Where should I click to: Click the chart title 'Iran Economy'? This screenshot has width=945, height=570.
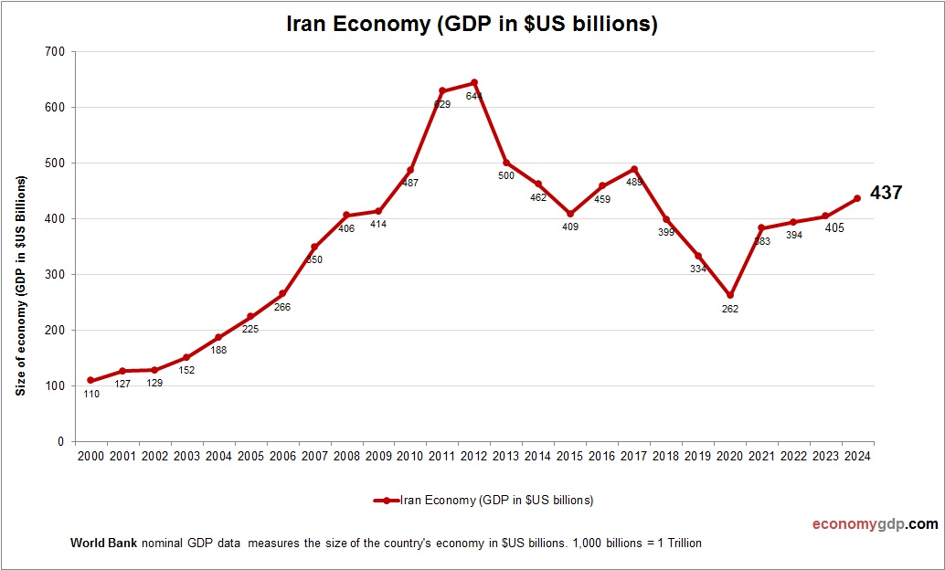(x=472, y=24)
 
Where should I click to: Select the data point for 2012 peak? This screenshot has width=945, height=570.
(x=474, y=83)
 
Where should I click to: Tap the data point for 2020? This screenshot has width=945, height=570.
(x=729, y=295)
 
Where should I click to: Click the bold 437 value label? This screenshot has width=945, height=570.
(x=886, y=193)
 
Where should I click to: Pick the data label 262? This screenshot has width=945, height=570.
(x=729, y=309)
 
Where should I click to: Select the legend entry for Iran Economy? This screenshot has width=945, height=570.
(x=483, y=500)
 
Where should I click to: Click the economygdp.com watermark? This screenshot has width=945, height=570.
(x=875, y=524)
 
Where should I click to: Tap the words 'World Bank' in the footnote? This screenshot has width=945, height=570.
(x=103, y=543)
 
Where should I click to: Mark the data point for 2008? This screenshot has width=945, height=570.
(x=346, y=216)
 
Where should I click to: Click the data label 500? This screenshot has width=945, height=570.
(x=506, y=175)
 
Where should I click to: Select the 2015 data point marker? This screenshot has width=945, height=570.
(x=570, y=214)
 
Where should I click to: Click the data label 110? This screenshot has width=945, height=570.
(x=90, y=394)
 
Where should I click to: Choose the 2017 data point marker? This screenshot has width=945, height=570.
(x=634, y=169)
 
